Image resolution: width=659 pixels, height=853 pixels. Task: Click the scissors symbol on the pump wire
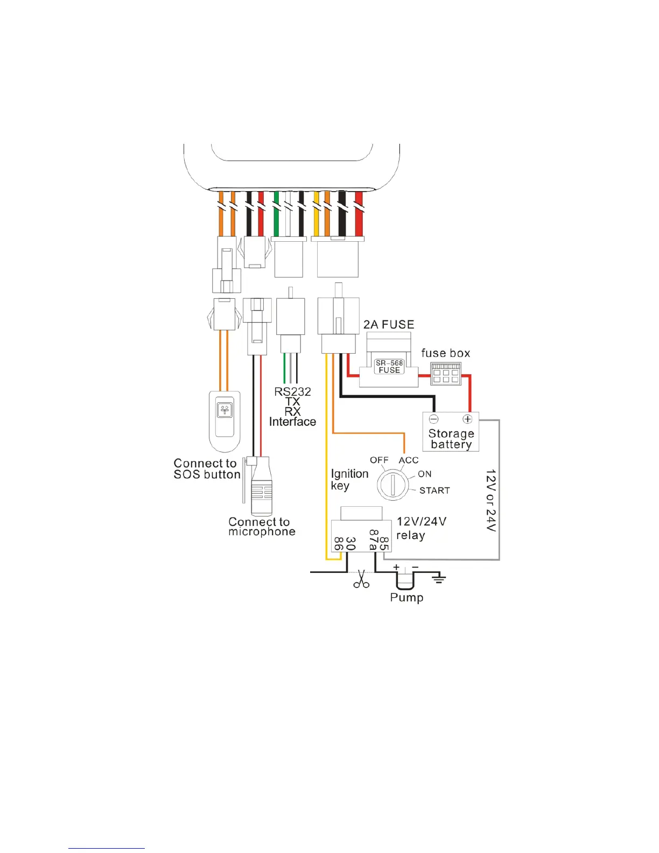point(361,579)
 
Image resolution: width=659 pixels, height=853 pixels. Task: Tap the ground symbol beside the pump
point(439,579)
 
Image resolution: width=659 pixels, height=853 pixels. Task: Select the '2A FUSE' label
point(389,325)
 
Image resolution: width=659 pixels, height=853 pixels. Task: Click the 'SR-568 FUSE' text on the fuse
point(389,367)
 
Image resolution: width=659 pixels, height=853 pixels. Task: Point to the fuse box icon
point(446,373)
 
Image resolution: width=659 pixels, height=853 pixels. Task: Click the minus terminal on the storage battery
point(434,419)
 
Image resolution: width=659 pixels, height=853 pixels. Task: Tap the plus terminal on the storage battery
point(467,419)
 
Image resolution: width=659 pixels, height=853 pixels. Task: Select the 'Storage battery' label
point(451,439)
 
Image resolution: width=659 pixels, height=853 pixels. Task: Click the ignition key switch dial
point(392,484)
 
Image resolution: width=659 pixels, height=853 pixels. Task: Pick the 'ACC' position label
point(409,460)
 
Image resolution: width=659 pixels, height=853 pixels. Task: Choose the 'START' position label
point(434,491)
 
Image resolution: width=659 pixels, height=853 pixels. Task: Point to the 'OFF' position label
point(379,460)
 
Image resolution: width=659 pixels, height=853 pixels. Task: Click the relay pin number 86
point(339,543)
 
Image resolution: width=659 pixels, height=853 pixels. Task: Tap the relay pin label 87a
point(373,540)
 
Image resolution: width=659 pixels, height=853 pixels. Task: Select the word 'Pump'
point(406,598)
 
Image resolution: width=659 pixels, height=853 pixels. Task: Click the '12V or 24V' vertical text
point(490,500)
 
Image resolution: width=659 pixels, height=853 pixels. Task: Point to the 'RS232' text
point(292,392)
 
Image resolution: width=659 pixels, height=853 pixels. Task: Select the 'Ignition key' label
point(349,479)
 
